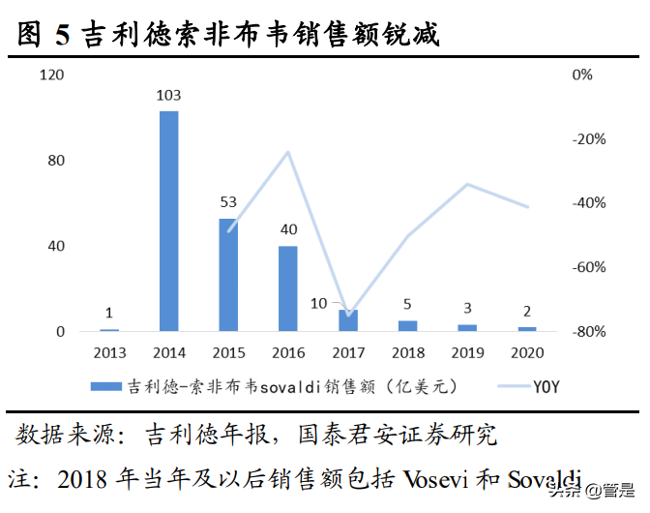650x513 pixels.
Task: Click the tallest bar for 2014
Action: click(x=168, y=221)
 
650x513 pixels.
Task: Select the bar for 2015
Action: click(x=228, y=275)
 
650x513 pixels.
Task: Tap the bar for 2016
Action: click(x=288, y=288)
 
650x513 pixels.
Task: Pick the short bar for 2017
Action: click(x=348, y=320)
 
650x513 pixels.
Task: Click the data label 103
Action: click(x=168, y=95)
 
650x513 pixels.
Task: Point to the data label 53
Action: click(x=228, y=202)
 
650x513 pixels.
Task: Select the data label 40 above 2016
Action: click(x=288, y=229)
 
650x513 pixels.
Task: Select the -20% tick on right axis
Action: click(x=588, y=139)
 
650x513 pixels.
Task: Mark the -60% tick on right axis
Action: click(x=588, y=267)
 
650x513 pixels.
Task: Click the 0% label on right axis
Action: click(x=582, y=75)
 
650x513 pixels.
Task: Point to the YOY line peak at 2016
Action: click(x=288, y=152)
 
